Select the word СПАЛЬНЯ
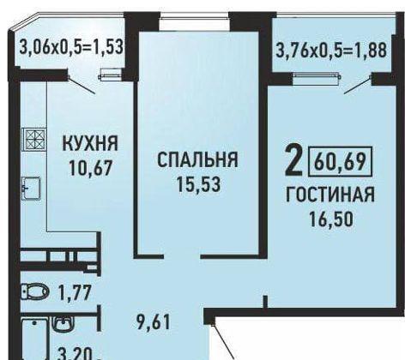click(196, 159)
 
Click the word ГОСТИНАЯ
click(330, 195)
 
